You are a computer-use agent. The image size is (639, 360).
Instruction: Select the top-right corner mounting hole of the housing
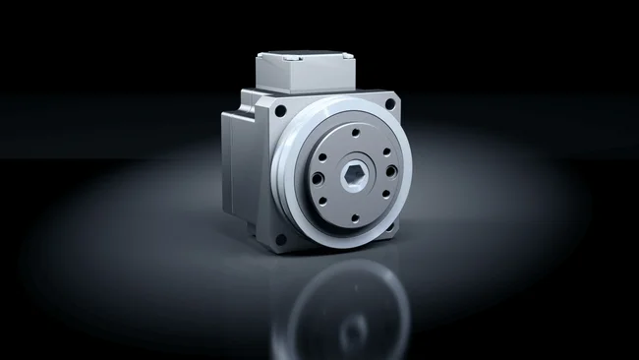click(x=389, y=103)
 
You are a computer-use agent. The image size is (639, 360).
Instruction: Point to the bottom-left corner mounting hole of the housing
click(x=282, y=239)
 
